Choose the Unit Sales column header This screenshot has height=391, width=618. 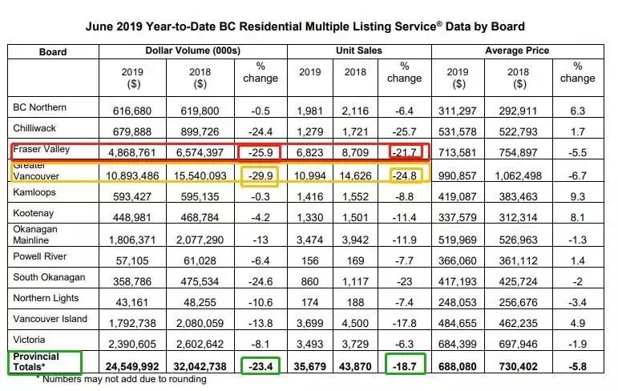(x=359, y=51)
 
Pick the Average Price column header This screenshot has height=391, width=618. (x=516, y=51)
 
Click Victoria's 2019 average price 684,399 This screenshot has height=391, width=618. (x=458, y=344)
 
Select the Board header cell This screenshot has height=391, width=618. (x=53, y=52)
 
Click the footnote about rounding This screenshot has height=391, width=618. (x=120, y=379)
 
